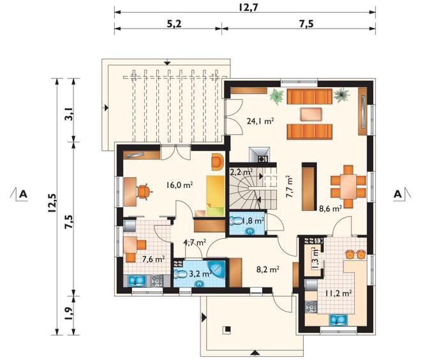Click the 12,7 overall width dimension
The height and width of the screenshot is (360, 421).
click(x=248, y=7)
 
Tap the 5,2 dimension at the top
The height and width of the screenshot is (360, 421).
click(x=174, y=24)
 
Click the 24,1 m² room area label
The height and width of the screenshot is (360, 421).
click(x=260, y=121)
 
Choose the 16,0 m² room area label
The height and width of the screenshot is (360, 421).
click(x=180, y=185)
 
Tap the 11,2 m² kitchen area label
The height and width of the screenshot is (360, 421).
click(x=339, y=293)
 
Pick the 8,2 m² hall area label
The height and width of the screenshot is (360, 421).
click(x=267, y=269)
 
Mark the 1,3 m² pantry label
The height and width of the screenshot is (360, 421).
click(x=314, y=258)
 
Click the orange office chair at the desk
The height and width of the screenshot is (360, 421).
click(x=145, y=192)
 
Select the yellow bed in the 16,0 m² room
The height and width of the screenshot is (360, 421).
click(x=216, y=196)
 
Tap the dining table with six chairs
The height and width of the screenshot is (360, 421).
click(x=348, y=187)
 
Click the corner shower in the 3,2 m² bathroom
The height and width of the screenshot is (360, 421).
click(x=217, y=269)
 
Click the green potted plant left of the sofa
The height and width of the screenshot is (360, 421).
click(x=277, y=97)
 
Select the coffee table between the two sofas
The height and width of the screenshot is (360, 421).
click(x=311, y=114)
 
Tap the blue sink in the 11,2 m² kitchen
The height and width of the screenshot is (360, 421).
click(x=339, y=320)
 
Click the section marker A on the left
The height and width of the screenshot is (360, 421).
click(x=24, y=194)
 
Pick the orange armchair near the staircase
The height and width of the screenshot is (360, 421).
click(x=218, y=161)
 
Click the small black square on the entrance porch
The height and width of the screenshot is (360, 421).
click(x=228, y=329)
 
